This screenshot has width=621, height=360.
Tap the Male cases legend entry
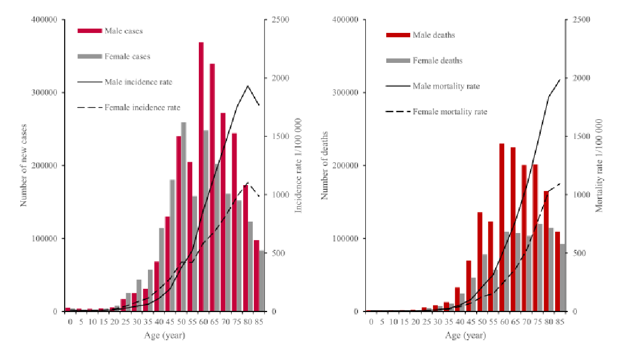click(x=123, y=30)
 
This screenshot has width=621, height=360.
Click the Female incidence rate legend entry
click(x=142, y=108)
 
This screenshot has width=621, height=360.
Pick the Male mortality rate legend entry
click(x=446, y=86)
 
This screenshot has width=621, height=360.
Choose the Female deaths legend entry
click(x=437, y=60)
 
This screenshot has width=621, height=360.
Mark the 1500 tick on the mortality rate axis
click(x=580, y=137)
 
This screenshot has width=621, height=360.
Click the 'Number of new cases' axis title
click(x=25, y=166)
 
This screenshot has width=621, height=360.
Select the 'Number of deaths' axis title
click(x=325, y=166)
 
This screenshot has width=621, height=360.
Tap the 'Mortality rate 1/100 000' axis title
click(x=598, y=166)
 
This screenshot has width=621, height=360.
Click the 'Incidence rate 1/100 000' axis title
click(x=298, y=166)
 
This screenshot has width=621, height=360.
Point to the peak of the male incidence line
click(x=248, y=86)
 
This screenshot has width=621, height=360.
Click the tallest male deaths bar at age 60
click(x=502, y=228)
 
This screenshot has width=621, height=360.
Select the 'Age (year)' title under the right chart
click(x=465, y=335)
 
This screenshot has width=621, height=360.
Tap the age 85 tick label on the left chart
click(x=259, y=322)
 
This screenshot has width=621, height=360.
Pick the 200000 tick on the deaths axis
click(x=344, y=165)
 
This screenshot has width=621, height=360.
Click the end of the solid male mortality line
click(x=560, y=79)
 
